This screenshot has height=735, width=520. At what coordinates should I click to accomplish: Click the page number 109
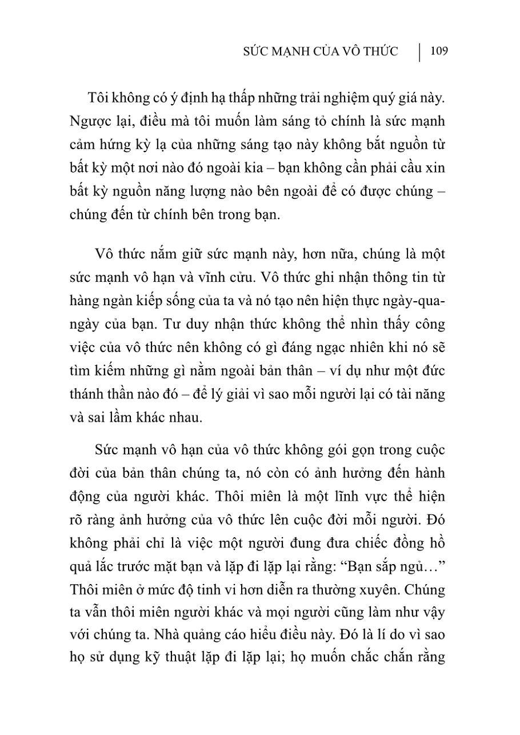tap(439, 51)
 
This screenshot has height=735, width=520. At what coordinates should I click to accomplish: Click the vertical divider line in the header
tap(420, 51)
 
